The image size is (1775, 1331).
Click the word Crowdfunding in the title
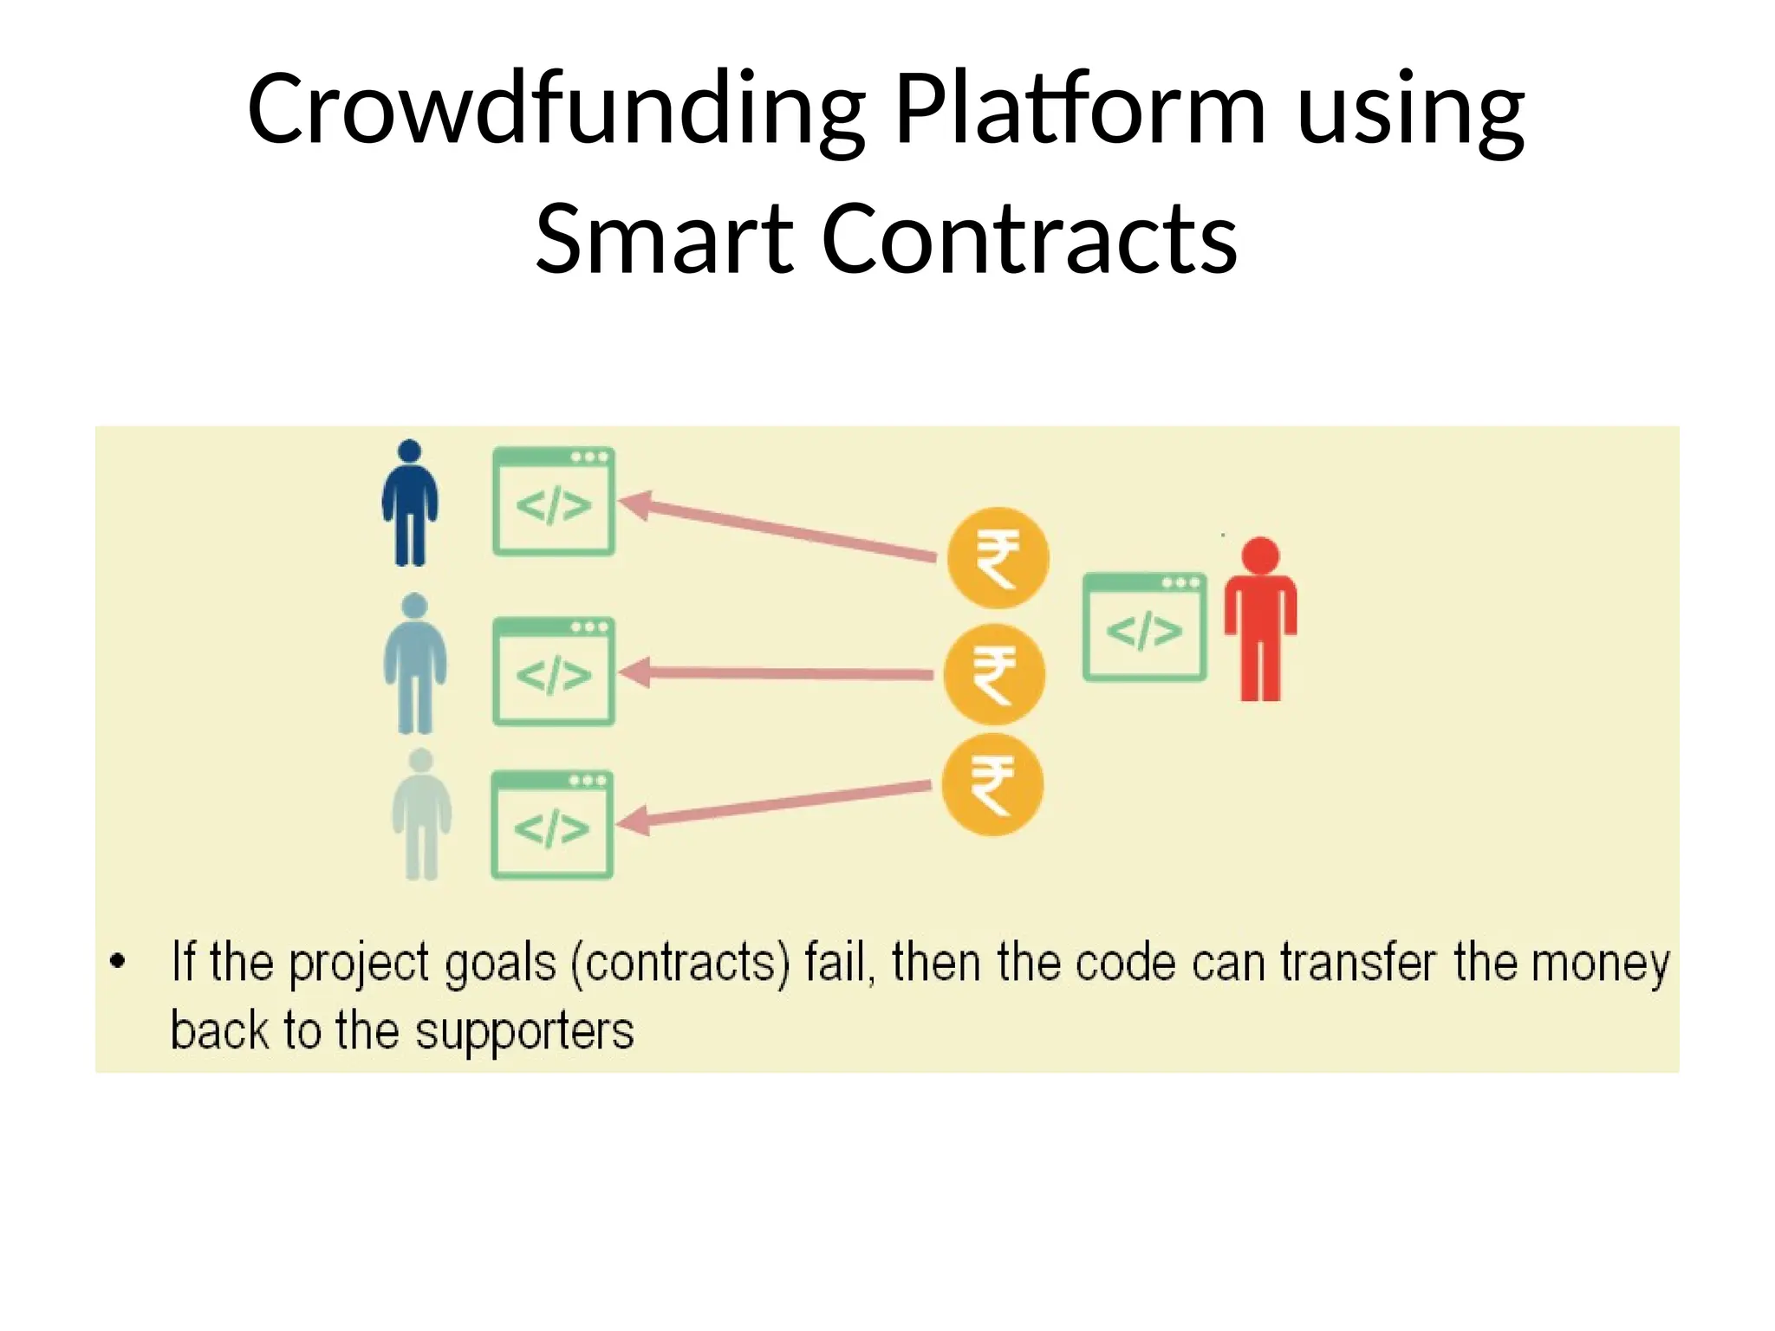pyautogui.click(x=556, y=111)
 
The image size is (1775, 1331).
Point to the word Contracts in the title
pyautogui.click(x=1029, y=238)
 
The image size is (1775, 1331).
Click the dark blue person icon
pyautogui.click(x=410, y=503)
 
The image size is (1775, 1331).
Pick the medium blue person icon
pyautogui.click(x=415, y=664)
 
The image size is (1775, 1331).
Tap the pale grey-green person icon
pyautogui.click(x=421, y=815)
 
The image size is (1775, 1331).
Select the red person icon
pyautogui.click(x=1260, y=619)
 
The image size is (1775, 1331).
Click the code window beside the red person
pyautogui.click(x=1144, y=627)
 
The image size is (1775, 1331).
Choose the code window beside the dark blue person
pyautogui.click(x=554, y=501)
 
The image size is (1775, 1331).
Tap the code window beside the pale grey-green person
pyautogui.click(x=552, y=824)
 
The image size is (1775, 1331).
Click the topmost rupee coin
pyautogui.click(x=998, y=558)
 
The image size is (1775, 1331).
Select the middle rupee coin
pyautogui.click(x=994, y=674)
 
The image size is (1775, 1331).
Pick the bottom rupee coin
pyautogui.click(x=992, y=785)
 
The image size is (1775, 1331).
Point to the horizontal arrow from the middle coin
pyautogui.click(x=780, y=673)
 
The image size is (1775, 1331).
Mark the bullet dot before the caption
pyautogui.click(x=118, y=960)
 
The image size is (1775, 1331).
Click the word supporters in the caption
pyautogui.click(x=524, y=1031)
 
